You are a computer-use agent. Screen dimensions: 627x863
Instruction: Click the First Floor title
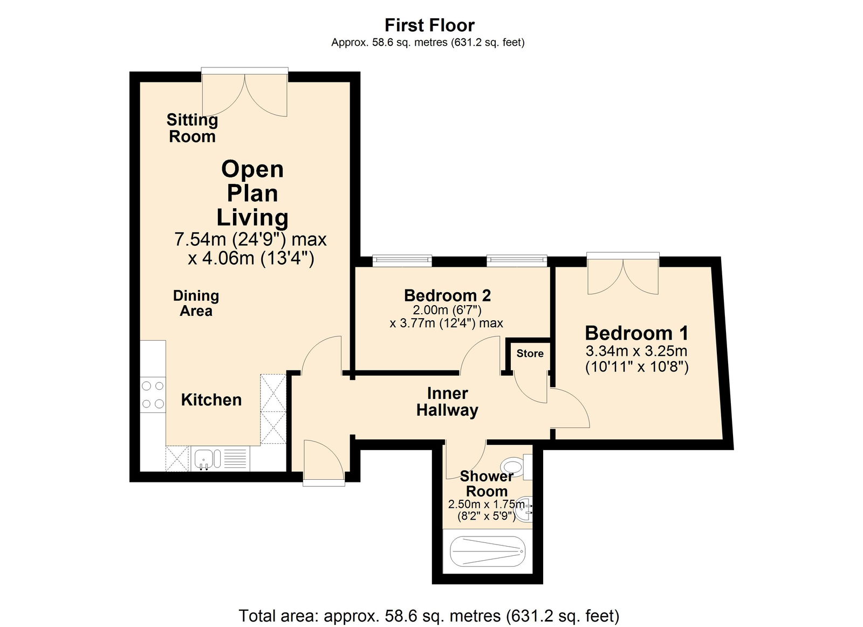tap(429, 25)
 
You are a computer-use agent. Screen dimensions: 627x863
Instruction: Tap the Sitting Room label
tap(192, 128)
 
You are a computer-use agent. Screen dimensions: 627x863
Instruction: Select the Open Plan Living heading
tap(252, 193)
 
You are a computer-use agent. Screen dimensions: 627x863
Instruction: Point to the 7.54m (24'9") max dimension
tap(250, 239)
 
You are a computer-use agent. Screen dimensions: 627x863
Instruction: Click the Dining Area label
tap(196, 303)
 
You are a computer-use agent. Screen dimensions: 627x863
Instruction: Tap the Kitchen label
tap(211, 399)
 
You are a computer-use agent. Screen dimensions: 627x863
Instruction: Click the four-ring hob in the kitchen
tap(153, 395)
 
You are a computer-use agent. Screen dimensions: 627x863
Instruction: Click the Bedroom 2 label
tap(447, 295)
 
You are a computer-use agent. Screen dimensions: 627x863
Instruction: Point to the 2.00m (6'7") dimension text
tap(447, 310)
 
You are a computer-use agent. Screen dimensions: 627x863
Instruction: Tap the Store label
tap(530, 353)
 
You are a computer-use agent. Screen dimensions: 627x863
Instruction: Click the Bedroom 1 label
tap(636, 333)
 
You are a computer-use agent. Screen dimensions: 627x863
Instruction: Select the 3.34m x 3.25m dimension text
tap(636, 351)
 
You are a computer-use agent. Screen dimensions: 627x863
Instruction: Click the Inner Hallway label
tap(447, 402)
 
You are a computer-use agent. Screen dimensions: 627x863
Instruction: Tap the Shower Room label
tap(487, 484)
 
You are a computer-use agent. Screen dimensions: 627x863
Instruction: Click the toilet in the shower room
tap(512, 465)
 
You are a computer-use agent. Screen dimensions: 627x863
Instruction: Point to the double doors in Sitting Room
tap(244, 94)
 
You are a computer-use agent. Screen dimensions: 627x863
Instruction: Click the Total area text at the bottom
tap(429, 615)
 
